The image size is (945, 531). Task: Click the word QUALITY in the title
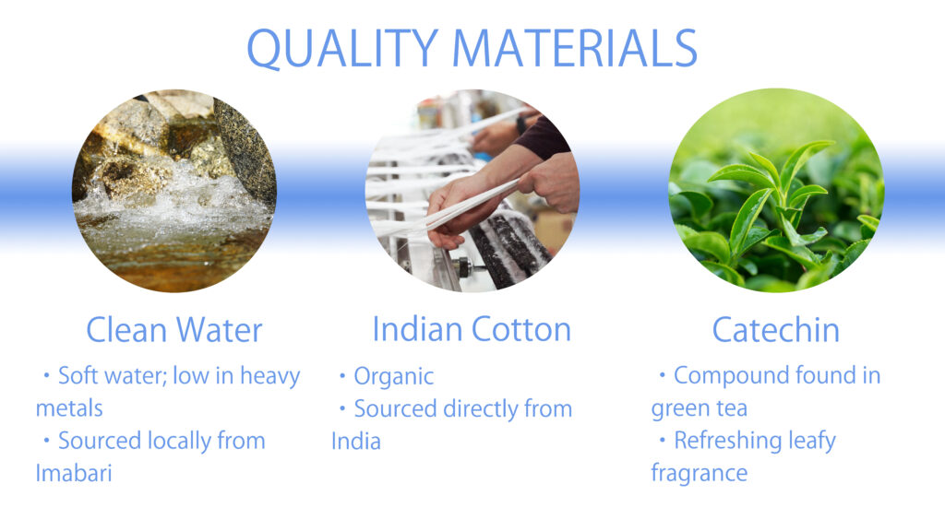point(342,48)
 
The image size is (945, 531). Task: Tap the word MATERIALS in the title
point(574,48)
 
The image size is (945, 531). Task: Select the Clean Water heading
point(174,330)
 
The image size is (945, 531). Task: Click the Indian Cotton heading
point(472,329)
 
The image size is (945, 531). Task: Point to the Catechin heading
point(775,330)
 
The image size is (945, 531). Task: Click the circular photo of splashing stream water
point(174,191)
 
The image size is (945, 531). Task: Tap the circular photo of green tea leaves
point(776,191)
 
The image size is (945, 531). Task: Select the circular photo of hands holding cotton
point(472,191)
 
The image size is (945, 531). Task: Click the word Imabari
point(74,473)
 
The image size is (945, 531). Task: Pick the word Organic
point(393,377)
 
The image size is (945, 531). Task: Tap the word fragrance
point(700,473)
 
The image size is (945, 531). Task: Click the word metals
point(69,408)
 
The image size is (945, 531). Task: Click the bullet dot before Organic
point(342,376)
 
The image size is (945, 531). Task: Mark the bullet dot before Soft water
point(46,376)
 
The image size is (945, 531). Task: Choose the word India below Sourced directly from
point(355,442)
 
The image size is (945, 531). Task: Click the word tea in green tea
point(732,408)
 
